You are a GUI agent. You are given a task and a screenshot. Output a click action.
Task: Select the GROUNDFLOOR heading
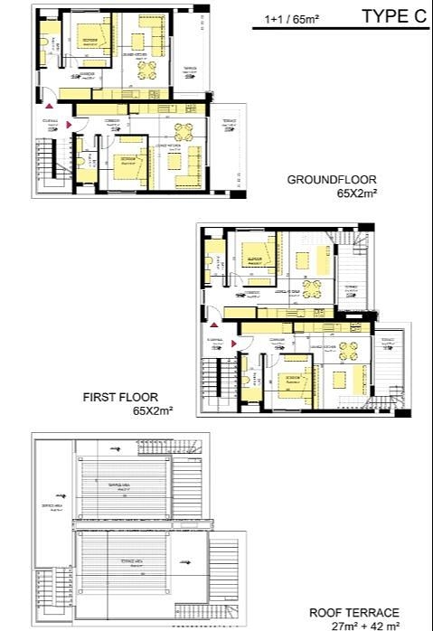332,179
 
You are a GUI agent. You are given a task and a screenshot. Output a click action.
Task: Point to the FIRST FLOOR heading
120,397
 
